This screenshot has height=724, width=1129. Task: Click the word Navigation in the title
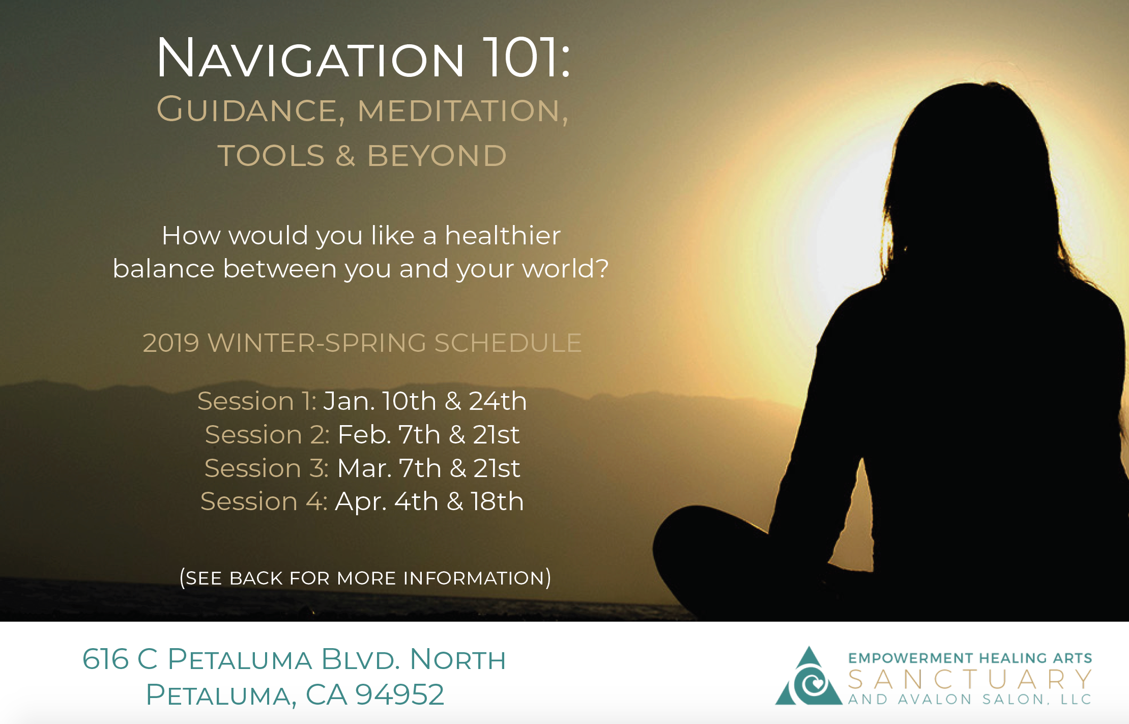[310, 58]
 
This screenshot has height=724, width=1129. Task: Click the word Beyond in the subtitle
[437, 155]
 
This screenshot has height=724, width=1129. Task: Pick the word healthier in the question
[503, 235]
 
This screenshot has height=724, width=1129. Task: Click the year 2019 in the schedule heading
[170, 343]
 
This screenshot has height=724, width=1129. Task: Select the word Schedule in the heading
[508, 343]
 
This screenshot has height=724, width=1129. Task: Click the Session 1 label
[257, 401]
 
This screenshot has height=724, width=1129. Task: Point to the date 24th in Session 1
[498, 401]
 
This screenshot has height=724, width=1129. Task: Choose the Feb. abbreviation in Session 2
[364, 434]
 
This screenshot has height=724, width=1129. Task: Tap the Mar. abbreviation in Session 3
[364, 468]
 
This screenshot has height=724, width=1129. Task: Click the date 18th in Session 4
[497, 501]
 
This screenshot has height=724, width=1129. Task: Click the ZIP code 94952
[399, 694]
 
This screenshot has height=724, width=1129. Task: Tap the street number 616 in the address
[105, 659]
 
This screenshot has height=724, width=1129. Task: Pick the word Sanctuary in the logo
[970, 679]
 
